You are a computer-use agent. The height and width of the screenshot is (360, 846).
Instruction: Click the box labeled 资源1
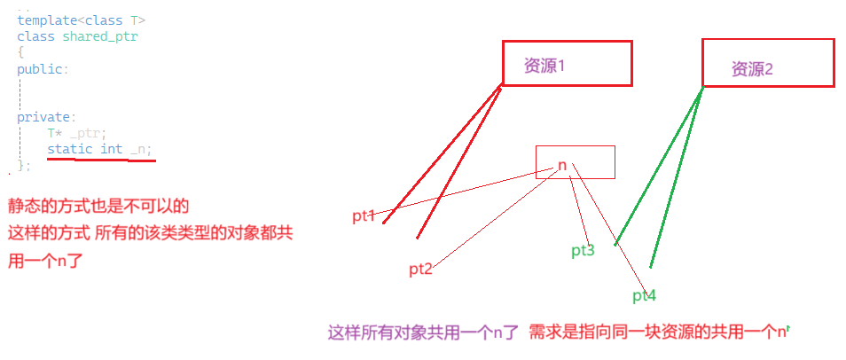click(567, 63)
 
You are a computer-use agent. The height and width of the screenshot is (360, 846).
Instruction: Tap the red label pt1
click(364, 215)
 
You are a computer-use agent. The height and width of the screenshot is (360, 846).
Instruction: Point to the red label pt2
click(420, 270)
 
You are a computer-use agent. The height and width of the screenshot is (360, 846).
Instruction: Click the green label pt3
click(583, 251)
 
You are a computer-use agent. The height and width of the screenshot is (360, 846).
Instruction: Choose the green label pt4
click(644, 295)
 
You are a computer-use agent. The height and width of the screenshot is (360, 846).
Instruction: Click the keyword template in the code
click(46, 20)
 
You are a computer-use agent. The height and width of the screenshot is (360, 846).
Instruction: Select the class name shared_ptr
click(100, 36)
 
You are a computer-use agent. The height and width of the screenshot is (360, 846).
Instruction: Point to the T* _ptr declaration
click(75, 133)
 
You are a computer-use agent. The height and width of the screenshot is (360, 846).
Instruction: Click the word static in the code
click(69, 149)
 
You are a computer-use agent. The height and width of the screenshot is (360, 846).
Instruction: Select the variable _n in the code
click(139, 149)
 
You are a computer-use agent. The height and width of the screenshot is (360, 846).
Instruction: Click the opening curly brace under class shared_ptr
click(20, 52)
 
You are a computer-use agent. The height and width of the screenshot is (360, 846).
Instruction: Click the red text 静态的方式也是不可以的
click(98, 206)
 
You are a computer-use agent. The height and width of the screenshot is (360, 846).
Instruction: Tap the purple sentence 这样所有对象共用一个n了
click(423, 333)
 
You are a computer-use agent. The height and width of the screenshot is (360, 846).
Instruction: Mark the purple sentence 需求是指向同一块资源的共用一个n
click(657, 333)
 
